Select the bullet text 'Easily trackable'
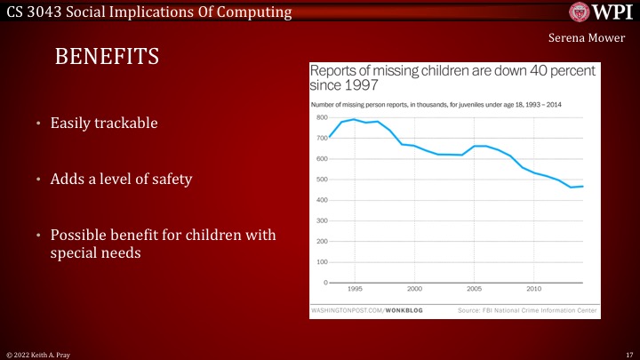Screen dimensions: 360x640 (x=104, y=124)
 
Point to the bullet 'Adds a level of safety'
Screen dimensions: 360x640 (x=122, y=180)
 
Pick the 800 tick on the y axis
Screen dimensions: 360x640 (x=322, y=117)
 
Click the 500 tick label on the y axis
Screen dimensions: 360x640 (x=322, y=180)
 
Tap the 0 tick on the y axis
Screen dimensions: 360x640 (x=325, y=283)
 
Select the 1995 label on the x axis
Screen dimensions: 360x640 (x=355, y=290)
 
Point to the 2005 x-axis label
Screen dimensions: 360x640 (x=475, y=290)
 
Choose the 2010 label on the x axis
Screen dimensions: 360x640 (x=534, y=290)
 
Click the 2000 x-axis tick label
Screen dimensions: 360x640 (x=414, y=290)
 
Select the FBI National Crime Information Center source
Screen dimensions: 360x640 (x=520, y=309)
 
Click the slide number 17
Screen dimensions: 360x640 (x=628, y=354)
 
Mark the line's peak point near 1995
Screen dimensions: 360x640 (x=355, y=119)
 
